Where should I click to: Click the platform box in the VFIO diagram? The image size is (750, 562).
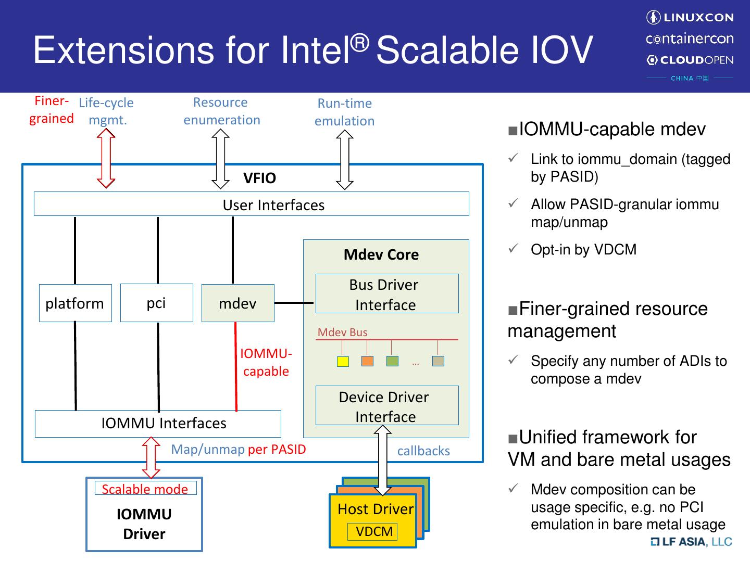75,303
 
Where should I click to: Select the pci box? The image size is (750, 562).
156,303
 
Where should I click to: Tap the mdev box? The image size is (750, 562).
238,303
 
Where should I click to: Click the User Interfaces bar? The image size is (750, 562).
251,204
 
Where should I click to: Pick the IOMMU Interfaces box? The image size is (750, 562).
158,424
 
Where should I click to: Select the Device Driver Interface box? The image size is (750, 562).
386,405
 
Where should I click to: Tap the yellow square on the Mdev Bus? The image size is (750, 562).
343,361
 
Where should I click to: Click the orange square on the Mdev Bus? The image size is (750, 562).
367,361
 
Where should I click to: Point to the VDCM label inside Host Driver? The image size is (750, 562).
374,531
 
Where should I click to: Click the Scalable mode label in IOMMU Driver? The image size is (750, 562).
145,489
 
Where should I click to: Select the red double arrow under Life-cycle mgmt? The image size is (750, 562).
106,158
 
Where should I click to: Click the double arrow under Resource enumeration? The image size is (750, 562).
220,158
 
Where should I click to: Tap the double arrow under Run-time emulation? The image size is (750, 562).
344,159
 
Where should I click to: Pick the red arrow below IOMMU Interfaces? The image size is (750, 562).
151,457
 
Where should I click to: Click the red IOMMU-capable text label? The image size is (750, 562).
266,362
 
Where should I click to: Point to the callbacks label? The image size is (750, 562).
423,451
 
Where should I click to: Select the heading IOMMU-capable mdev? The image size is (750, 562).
612,129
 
